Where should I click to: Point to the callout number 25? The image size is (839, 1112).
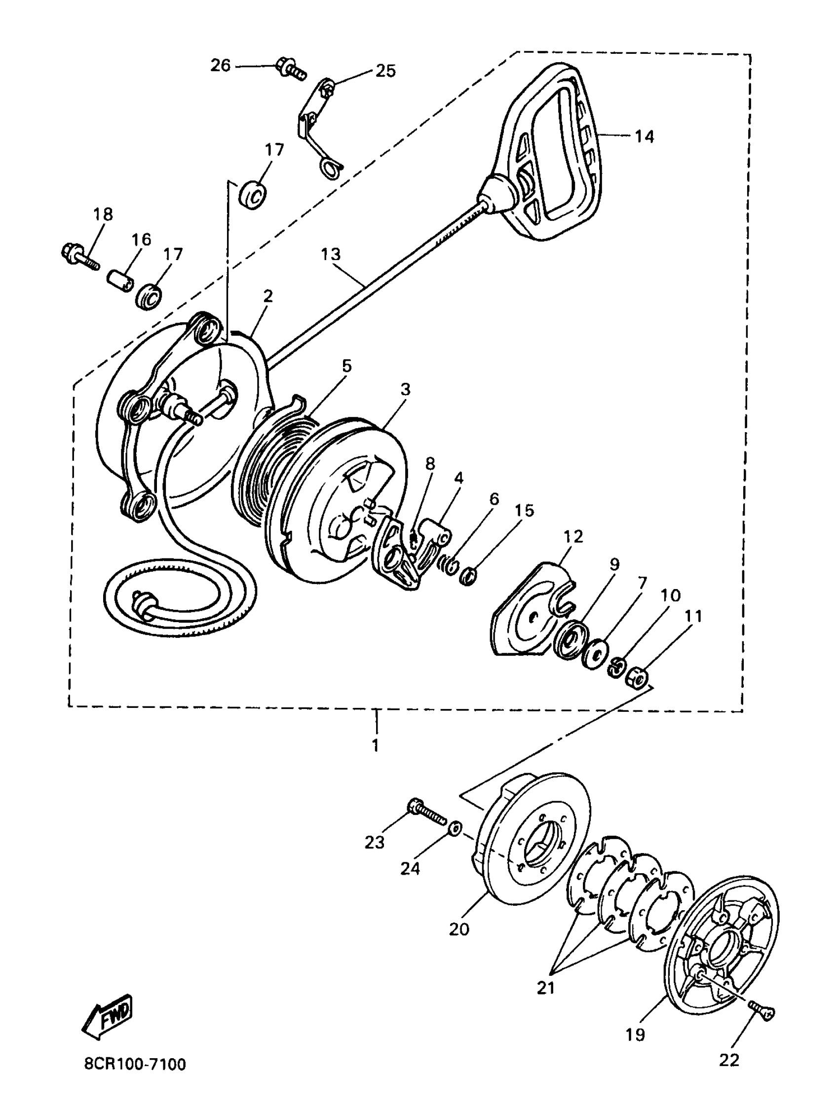point(385,71)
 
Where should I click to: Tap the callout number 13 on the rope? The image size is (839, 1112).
point(331,255)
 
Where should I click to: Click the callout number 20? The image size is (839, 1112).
point(458,929)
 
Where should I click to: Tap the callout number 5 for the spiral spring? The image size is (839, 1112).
point(346,366)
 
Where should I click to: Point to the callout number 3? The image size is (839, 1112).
point(405,389)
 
